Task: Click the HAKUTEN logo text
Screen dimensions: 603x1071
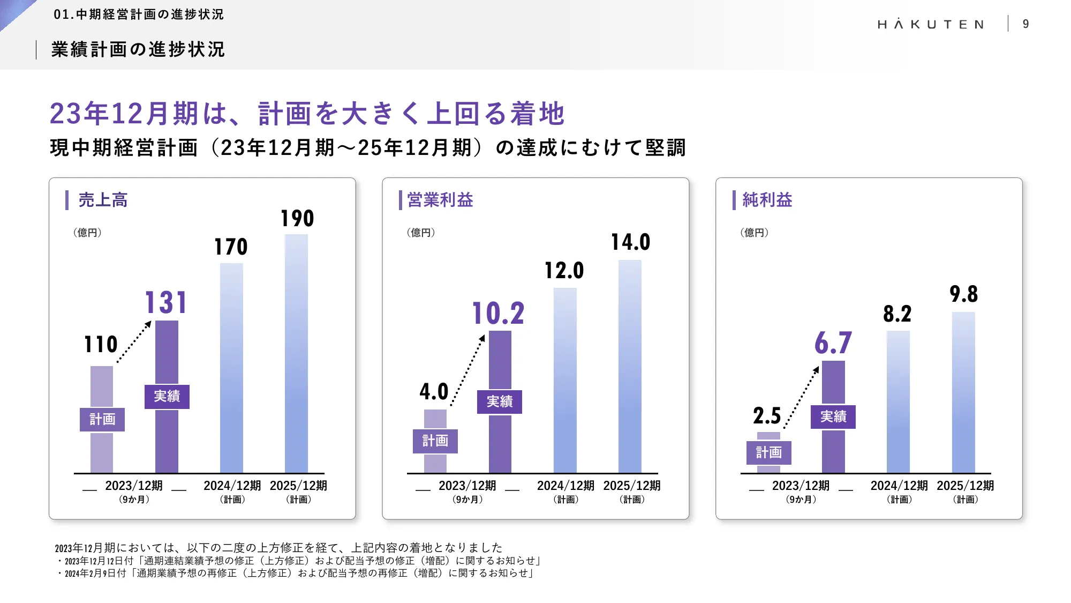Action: coord(931,24)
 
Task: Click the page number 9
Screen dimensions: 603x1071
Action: coord(1025,24)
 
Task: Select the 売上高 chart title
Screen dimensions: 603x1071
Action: coord(103,200)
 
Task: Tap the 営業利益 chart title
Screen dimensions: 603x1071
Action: coord(440,200)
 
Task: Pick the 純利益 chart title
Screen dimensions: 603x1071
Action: coord(767,200)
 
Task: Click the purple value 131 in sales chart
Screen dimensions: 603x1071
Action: coord(166,303)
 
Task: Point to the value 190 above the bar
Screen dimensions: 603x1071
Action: coord(297,219)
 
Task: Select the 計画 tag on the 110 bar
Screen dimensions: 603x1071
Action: coord(102,419)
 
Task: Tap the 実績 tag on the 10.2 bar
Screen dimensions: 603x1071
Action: coord(500,401)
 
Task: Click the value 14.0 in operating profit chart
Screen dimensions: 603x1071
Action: coord(630,242)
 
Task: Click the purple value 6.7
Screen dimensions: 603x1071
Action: coord(833,343)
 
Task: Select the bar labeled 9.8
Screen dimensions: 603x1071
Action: coord(963,391)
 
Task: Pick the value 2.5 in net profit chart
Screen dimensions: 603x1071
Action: coord(767,416)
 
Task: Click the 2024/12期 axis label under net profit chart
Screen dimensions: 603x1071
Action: coord(899,486)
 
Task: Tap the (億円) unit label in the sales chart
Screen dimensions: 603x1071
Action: coord(87,233)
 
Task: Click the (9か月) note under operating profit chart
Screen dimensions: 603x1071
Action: coord(467,500)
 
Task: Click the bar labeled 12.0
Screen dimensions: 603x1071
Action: coord(565,381)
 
